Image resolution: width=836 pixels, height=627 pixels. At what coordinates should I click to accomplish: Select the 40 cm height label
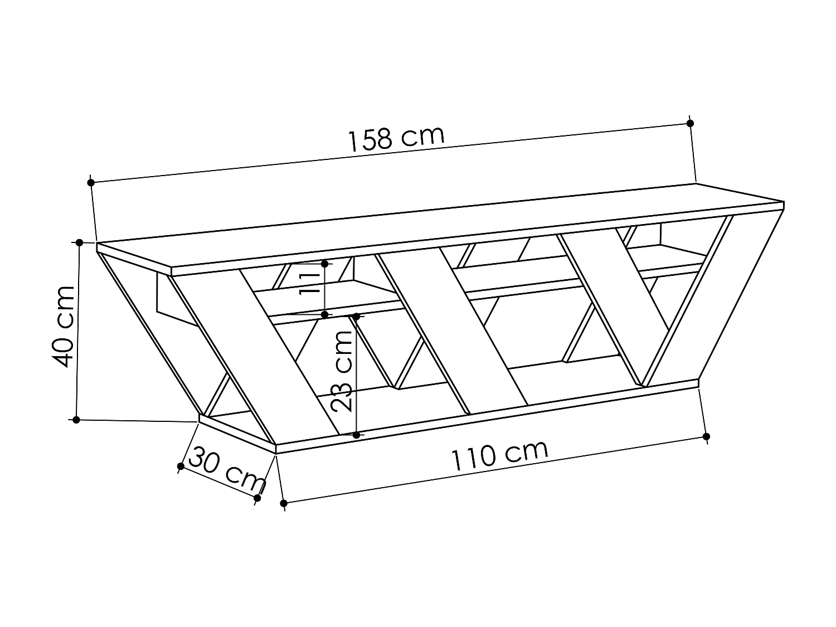click(63, 327)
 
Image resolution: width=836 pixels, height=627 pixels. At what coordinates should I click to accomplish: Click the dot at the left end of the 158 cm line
click(91, 182)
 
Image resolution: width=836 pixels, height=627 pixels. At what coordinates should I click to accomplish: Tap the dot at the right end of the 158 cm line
click(690, 123)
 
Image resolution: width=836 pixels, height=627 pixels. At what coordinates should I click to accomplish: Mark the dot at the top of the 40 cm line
click(79, 242)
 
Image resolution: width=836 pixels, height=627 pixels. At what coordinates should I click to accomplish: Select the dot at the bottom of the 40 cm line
click(76, 419)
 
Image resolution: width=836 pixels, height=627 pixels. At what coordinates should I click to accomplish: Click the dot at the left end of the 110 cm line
click(284, 503)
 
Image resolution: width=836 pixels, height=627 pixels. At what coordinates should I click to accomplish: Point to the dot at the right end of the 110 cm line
click(706, 436)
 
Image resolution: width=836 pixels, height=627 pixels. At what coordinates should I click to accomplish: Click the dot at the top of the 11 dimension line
click(325, 263)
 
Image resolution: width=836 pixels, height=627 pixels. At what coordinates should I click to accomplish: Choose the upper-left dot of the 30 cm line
click(181, 466)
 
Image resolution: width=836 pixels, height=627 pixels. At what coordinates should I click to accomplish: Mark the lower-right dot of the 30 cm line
click(257, 497)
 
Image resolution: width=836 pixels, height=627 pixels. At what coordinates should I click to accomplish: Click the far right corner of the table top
click(784, 202)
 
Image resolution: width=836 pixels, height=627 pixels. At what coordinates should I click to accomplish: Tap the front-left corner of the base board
click(276, 445)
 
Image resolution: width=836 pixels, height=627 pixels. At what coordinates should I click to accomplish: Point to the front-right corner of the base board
click(698, 380)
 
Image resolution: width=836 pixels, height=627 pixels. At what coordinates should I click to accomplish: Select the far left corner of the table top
click(98, 244)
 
